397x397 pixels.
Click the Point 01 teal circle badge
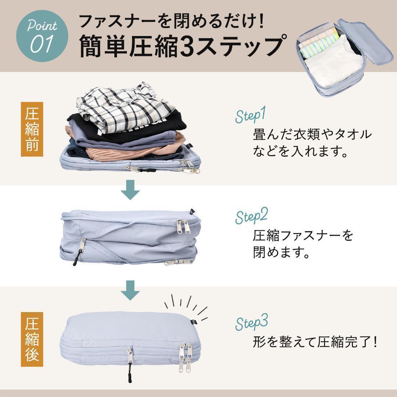point(42,36)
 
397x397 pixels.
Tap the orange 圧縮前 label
point(32,129)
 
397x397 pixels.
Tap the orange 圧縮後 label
point(32,339)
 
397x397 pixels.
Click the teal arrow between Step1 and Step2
point(130,190)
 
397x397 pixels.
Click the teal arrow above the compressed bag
point(130,290)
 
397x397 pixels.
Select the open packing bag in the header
point(344,57)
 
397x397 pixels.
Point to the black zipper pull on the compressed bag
point(130,372)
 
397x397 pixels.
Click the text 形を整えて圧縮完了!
point(315,342)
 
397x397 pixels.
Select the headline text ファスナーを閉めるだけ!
point(172,21)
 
